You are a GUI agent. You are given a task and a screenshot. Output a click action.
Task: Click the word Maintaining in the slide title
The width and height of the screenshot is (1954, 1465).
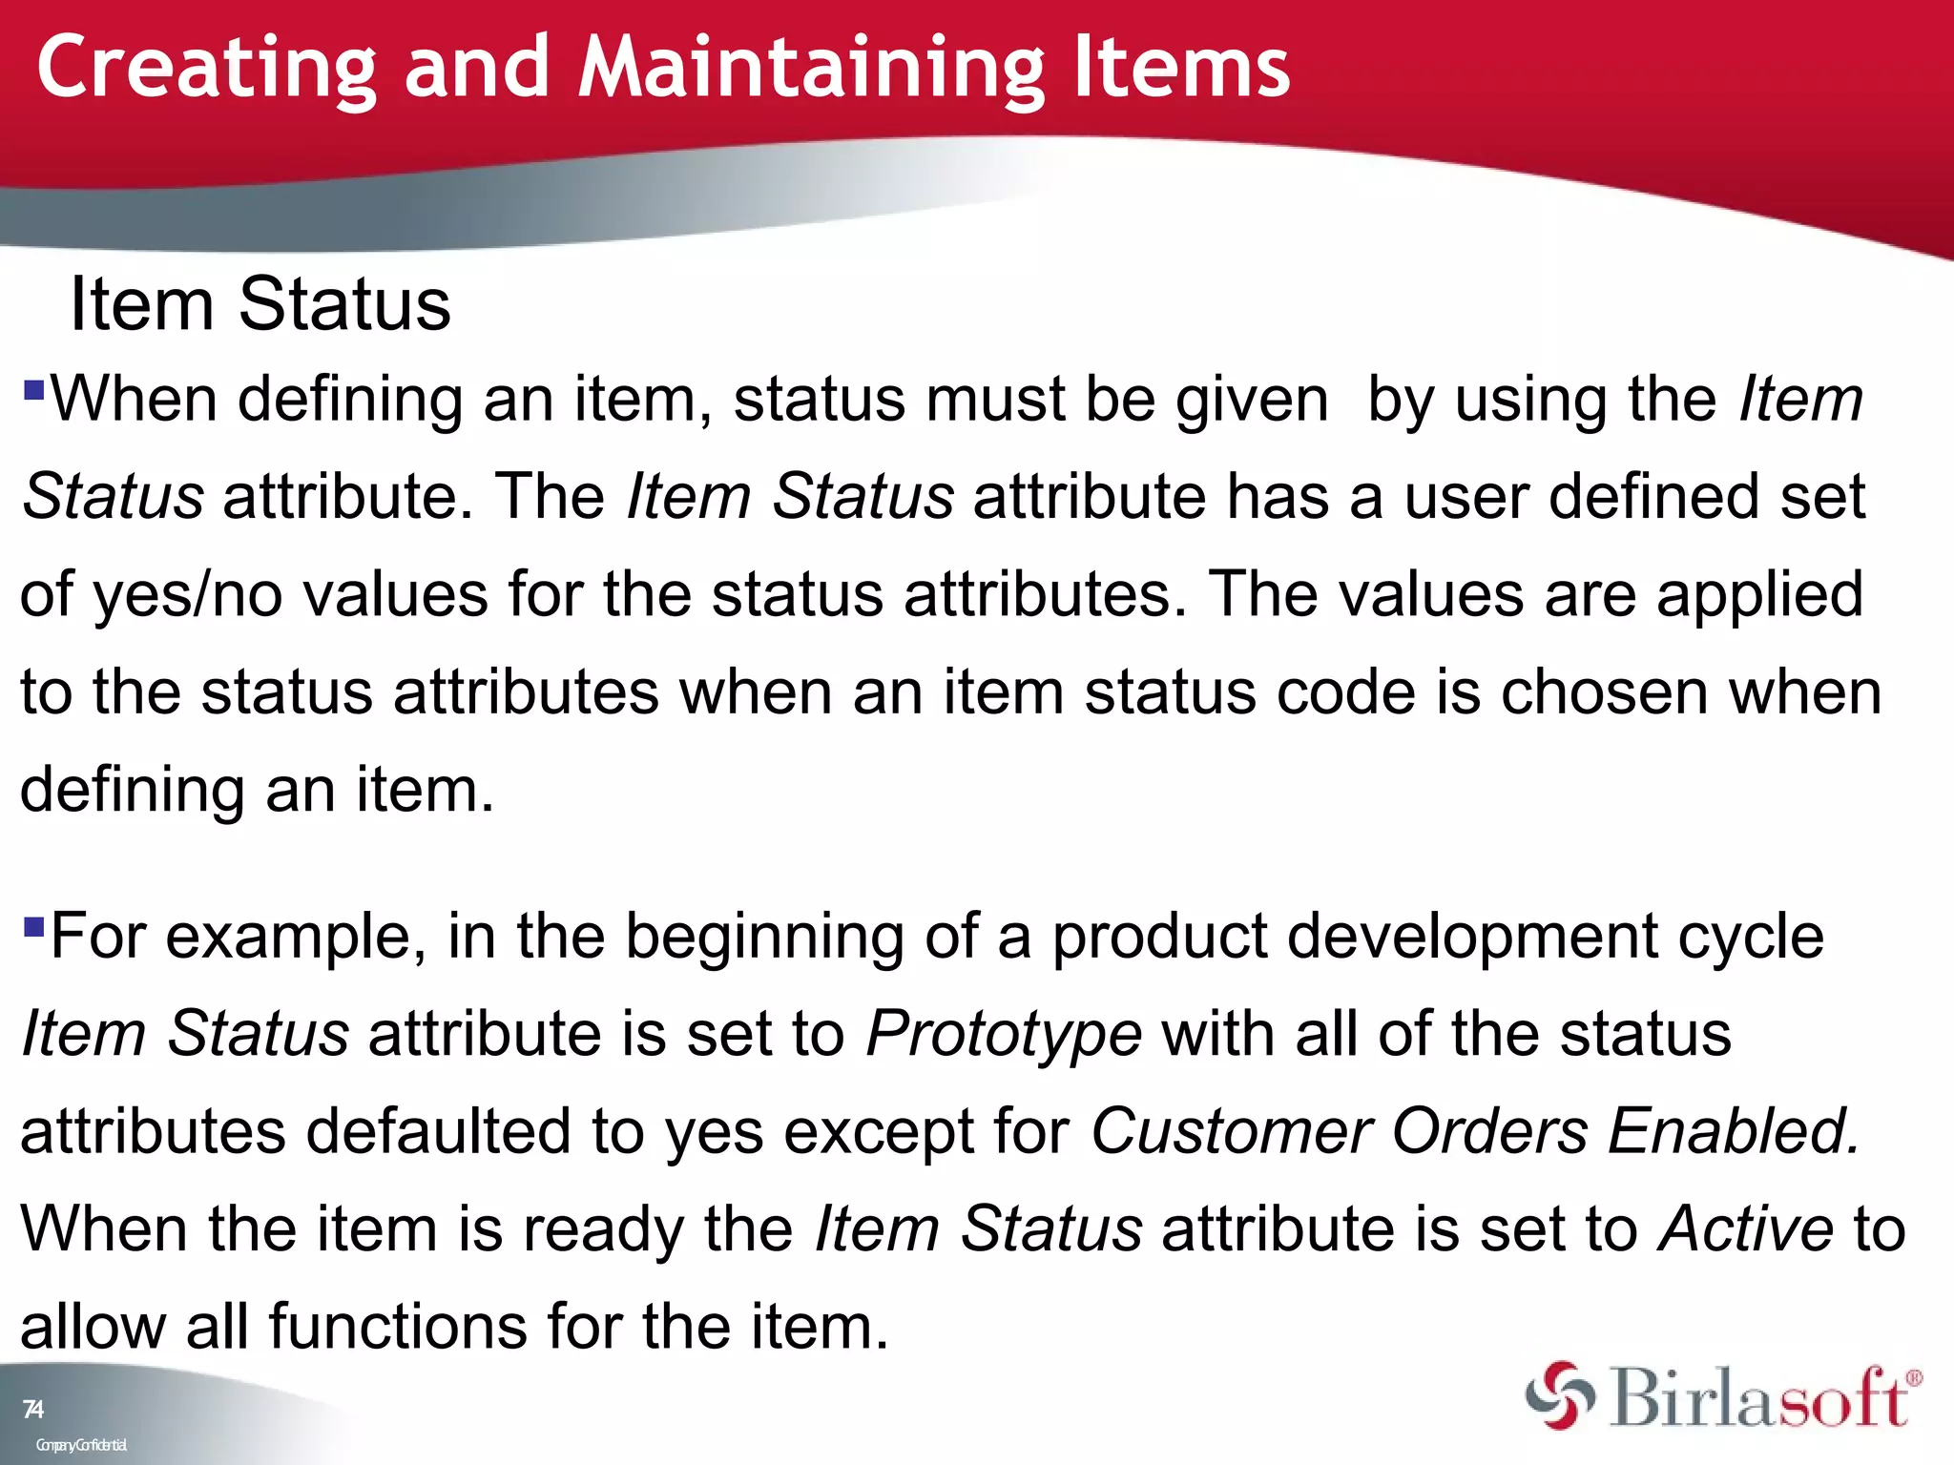(x=811, y=69)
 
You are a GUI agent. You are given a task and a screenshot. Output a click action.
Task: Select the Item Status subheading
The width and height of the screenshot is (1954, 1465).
(x=260, y=304)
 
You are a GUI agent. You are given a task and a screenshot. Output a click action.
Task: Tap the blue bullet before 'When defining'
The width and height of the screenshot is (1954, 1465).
(x=34, y=389)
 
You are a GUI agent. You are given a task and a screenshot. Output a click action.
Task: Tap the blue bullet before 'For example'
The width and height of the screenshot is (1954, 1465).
(x=34, y=926)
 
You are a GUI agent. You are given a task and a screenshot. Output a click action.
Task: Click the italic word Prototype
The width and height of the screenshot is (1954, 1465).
(x=1003, y=1034)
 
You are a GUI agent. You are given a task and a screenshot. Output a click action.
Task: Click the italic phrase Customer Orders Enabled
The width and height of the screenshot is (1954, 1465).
(x=1474, y=1131)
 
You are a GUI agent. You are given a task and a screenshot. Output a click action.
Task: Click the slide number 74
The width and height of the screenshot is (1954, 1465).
(x=32, y=1409)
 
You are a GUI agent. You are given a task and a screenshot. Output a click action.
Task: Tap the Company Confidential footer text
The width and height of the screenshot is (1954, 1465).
(x=81, y=1445)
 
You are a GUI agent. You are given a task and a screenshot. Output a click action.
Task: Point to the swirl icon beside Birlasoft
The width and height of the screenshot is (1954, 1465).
(x=1559, y=1395)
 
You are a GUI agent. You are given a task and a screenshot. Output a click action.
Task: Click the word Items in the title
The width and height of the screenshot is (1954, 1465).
(x=1181, y=69)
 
